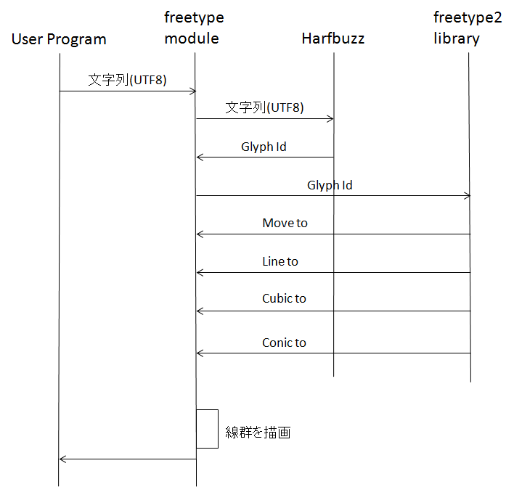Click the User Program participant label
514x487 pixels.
pos(59,39)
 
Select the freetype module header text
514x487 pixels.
pos(194,28)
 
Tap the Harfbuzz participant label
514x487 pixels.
pos(333,38)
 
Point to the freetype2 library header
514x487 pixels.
pos(468,28)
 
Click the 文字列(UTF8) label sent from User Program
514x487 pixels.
pos(127,80)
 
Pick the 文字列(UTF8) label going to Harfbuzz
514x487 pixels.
pos(264,107)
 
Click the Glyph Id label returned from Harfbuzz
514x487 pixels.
pos(264,147)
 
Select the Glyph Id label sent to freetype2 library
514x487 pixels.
pos(330,186)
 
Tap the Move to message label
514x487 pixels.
pos(285,224)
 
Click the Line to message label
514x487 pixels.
pos(280,261)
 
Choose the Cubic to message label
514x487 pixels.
pos(284,298)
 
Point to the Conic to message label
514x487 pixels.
pos(284,343)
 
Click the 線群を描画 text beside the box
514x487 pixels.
pos(258,433)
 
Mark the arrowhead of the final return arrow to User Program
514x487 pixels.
pos(61,459)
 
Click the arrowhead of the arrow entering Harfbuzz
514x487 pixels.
pos(332,118)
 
